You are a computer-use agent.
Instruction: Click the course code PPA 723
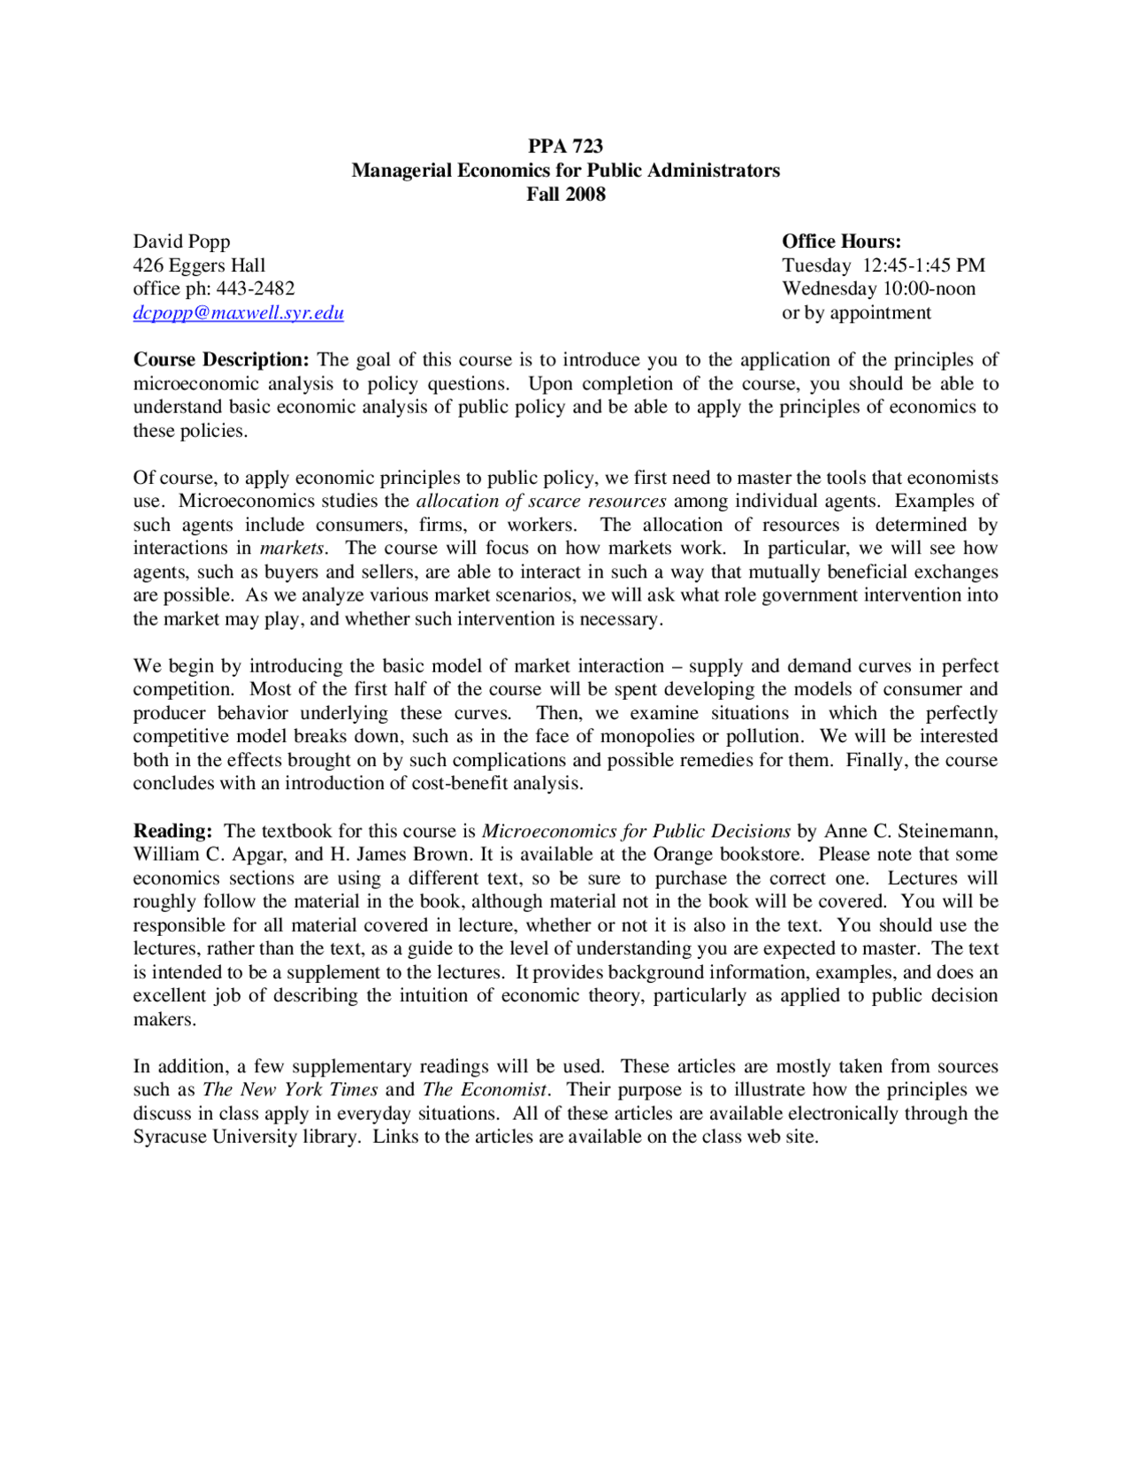tap(565, 146)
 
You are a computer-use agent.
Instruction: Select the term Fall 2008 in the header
tap(565, 194)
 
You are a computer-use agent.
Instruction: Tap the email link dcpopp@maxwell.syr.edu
tap(238, 312)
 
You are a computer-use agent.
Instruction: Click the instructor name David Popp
tap(181, 242)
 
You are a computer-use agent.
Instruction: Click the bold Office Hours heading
tap(841, 242)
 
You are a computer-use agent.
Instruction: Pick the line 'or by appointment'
tap(856, 312)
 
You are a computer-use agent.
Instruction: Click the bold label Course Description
tap(220, 360)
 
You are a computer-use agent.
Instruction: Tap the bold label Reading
tap(172, 831)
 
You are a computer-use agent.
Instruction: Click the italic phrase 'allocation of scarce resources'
tap(540, 501)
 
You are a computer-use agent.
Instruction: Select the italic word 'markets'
tap(292, 548)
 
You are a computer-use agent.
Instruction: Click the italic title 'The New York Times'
tap(290, 1090)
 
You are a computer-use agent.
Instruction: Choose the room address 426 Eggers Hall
tap(199, 265)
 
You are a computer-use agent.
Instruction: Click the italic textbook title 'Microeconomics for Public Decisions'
tap(636, 831)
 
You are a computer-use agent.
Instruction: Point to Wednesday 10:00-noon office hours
tap(878, 288)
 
